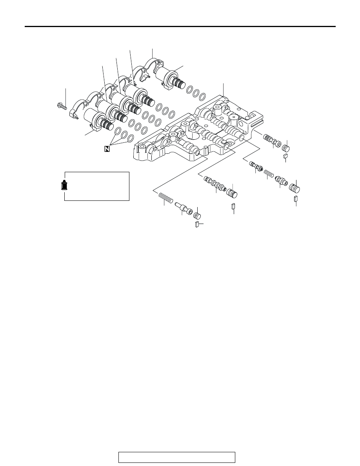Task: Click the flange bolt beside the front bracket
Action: [x=62, y=106]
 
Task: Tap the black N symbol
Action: [x=107, y=149]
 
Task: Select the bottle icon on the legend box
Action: [x=64, y=186]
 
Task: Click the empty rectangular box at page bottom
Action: [x=177, y=457]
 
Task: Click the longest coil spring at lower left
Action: [x=166, y=198]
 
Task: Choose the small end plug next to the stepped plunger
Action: [x=197, y=216]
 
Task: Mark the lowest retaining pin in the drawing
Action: [x=196, y=224]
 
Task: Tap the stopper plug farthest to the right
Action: [x=295, y=188]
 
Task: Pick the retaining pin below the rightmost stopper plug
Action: [x=296, y=199]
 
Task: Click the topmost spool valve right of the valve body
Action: [x=272, y=140]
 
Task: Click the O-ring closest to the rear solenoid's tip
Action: [x=189, y=90]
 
